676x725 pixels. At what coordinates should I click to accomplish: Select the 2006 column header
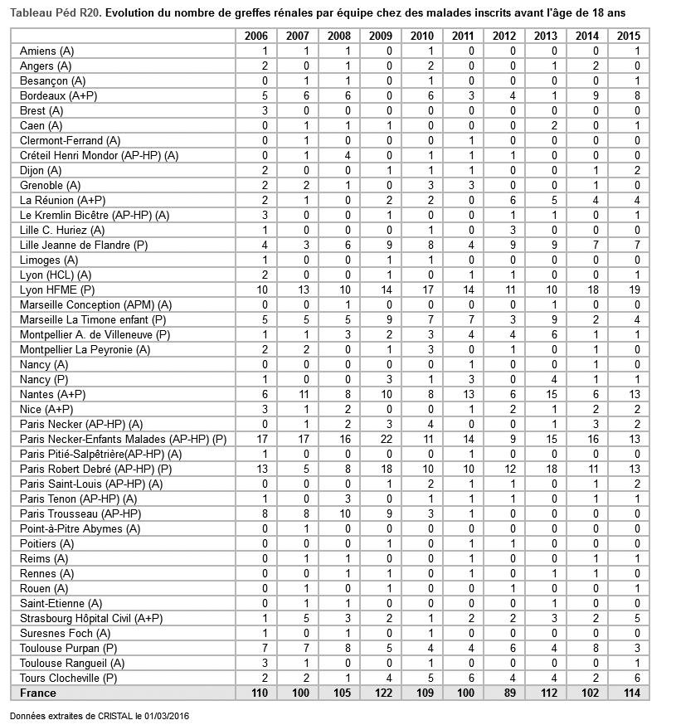256,36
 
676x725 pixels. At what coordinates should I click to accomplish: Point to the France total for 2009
381,693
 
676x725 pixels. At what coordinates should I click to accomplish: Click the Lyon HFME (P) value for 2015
635,290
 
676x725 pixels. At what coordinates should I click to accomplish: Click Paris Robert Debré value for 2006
261,469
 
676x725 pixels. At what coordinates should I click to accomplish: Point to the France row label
38,693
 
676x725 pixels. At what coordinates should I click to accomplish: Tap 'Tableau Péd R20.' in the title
56,13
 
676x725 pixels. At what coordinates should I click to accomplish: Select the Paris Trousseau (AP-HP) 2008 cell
343,513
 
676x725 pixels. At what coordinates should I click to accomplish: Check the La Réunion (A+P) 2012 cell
512,200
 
